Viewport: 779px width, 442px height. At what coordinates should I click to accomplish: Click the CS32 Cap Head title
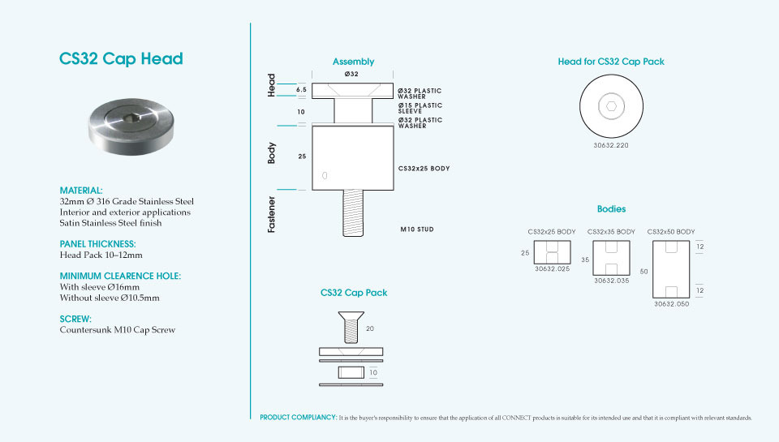pyautogui.click(x=121, y=58)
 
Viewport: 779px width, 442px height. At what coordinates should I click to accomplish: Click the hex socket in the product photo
pyautogui.click(x=131, y=118)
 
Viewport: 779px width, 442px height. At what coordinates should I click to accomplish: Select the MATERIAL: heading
pyautogui.click(x=81, y=191)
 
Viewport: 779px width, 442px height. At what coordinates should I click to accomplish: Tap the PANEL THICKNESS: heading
pyautogui.click(x=97, y=244)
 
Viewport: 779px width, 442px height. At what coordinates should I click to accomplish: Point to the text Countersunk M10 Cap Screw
pyautogui.click(x=117, y=330)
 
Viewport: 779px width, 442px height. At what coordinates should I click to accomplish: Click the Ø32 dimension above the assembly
pyautogui.click(x=351, y=74)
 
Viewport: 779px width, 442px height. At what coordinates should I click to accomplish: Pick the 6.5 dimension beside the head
pyautogui.click(x=301, y=90)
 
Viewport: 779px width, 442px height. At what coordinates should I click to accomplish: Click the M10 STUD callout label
pyautogui.click(x=417, y=230)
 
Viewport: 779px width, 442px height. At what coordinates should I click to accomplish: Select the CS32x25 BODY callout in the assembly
pyautogui.click(x=424, y=169)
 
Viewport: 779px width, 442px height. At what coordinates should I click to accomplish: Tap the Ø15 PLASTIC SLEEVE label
pyautogui.click(x=420, y=108)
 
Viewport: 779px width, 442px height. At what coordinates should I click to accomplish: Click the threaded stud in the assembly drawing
pyautogui.click(x=353, y=213)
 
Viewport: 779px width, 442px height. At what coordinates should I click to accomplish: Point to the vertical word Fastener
pyautogui.click(x=271, y=215)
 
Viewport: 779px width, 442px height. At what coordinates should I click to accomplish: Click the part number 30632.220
pyautogui.click(x=610, y=145)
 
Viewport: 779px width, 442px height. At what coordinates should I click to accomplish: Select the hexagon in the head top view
pyautogui.click(x=611, y=106)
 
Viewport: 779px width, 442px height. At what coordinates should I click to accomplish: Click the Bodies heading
pyautogui.click(x=611, y=209)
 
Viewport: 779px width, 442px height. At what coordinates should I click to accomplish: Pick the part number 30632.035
pyautogui.click(x=611, y=281)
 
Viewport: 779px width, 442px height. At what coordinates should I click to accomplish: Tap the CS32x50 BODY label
pyautogui.click(x=671, y=232)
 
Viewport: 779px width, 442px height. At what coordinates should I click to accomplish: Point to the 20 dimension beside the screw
pyautogui.click(x=370, y=328)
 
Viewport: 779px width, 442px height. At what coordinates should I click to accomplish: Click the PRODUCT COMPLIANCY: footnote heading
pyautogui.click(x=298, y=418)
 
